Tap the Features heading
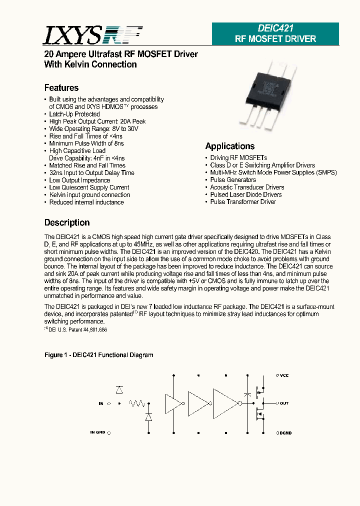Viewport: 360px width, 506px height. click(61, 88)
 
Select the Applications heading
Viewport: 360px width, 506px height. click(230, 146)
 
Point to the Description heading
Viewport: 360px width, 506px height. click(67, 222)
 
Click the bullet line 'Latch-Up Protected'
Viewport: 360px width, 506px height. click(74, 114)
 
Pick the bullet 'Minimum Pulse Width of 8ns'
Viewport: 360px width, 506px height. click(86, 143)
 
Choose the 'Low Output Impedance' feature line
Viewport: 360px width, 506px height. click(79, 180)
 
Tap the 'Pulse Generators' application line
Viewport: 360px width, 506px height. click(233, 180)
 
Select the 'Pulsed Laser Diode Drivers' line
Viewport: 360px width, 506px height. click(245, 194)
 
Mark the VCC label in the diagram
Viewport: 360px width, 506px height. click(284, 375)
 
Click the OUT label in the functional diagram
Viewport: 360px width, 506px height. click(284, 403)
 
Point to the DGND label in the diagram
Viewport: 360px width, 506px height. click(285, 432)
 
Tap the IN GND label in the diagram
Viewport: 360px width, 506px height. click(97, 432)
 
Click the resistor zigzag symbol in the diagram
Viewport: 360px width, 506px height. click(137, 403)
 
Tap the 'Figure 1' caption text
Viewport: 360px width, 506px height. click(98, 355)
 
